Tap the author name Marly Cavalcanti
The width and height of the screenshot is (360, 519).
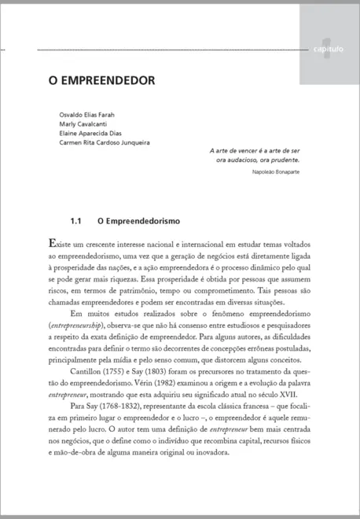coord(83,124)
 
